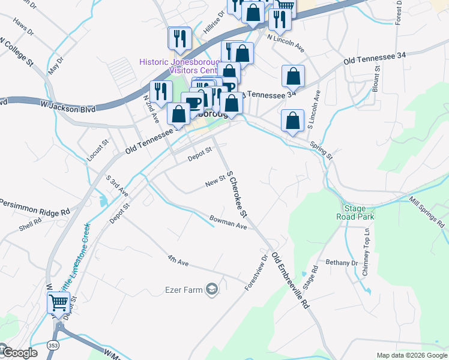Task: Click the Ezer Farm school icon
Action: (x=211, y=290)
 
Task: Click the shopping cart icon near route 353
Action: (x=58, y=302)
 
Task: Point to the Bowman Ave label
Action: (x=228, y=222)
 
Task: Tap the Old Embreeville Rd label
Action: (x=291, y=280)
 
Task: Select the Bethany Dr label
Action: (x=341, y=263)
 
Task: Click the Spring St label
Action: (x=321, y=149)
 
